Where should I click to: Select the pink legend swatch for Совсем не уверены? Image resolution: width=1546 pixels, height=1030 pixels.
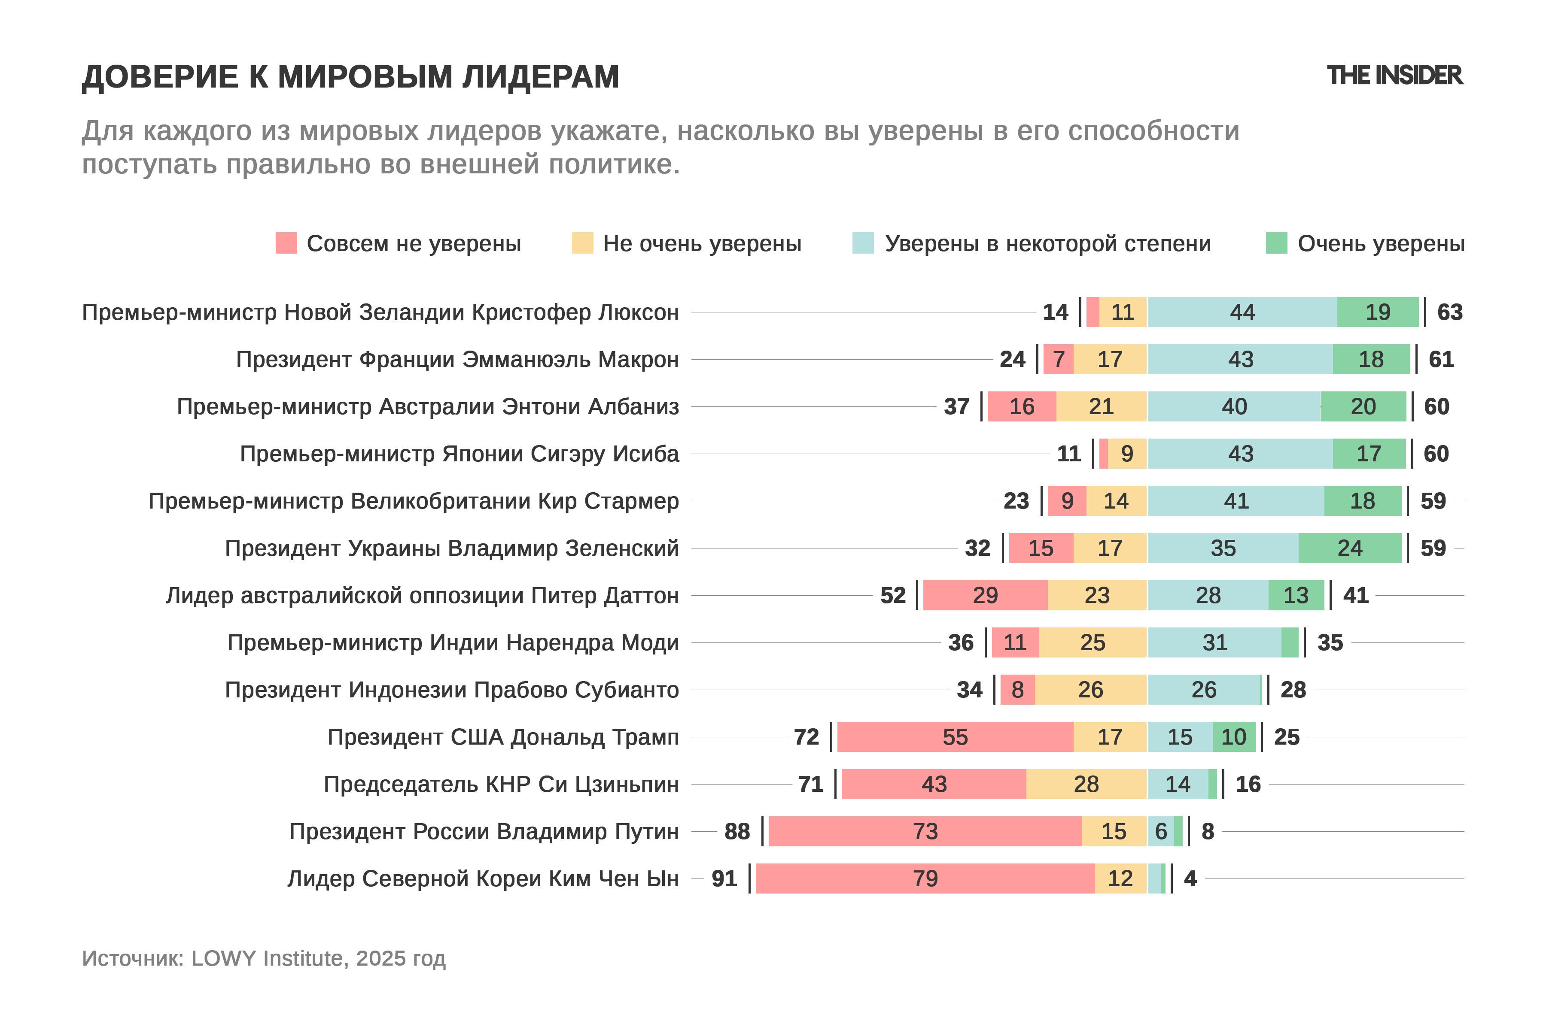click(286, 243)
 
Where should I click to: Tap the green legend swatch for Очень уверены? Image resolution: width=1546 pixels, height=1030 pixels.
click(1276, 243)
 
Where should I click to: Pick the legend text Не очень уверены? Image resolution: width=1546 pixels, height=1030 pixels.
click(702, 244)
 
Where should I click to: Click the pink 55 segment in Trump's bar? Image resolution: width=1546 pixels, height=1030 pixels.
click(955, 737)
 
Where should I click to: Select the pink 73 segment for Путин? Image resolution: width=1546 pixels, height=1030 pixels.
click(925, 832)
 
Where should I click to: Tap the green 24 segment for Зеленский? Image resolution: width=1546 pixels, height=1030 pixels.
click(1349, 548)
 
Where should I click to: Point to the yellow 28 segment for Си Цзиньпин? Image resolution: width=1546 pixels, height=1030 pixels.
click(1086, 785)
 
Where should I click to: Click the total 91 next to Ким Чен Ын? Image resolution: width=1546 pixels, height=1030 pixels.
click(724, 879)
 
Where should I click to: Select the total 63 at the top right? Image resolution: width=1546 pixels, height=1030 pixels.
click(1449, 312)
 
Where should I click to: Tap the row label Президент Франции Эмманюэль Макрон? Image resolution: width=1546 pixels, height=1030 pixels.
click(457, 359)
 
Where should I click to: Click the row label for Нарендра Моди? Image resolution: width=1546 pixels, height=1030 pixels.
click(453, 642)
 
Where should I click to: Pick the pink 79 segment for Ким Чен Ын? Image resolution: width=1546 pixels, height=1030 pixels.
click(925, 879)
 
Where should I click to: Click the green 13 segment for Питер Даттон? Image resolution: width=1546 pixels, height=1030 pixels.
click(1296, 596)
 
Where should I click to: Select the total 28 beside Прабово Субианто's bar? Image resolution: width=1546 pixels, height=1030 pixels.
click(1293, 690)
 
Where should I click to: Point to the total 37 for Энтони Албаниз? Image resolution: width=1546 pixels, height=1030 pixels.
click(956, 406)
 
